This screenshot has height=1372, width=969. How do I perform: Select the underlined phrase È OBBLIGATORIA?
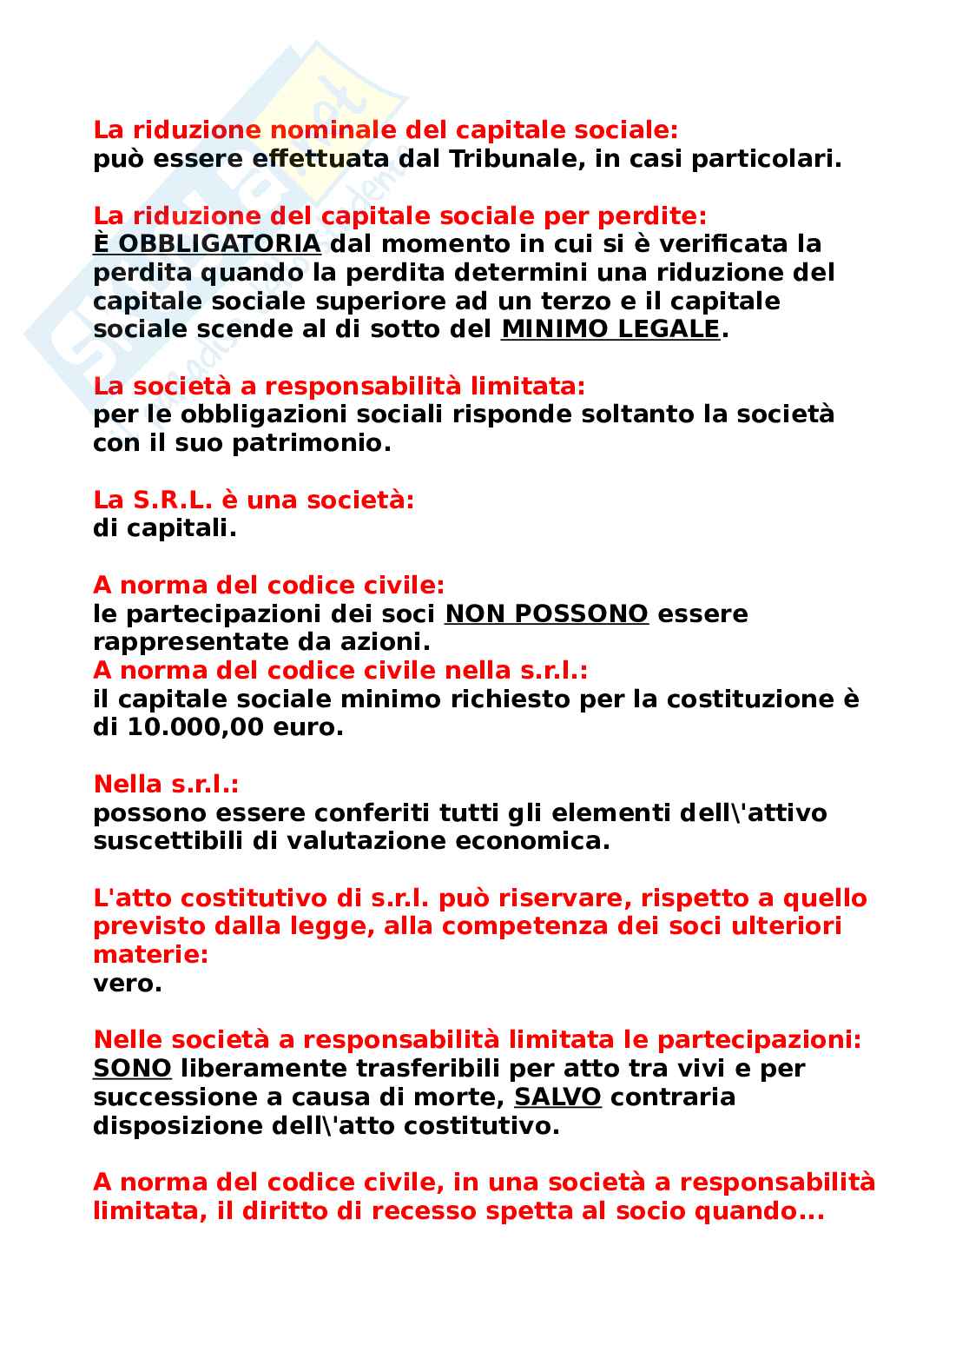tap(207, 244)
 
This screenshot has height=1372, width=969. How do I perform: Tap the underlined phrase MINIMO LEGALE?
tap(610, 329)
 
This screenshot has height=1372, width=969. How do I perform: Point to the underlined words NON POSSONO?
tap(546, 613)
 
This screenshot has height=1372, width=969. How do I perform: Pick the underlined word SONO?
tap(132, 1068)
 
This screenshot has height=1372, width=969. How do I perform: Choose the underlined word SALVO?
tap(557, 1097)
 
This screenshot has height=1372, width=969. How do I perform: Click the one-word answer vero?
tap(127, 984)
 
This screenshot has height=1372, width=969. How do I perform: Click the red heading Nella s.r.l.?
tap(166, 784)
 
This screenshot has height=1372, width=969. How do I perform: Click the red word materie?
tap(150, 955)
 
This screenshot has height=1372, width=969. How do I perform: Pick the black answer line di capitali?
tap(164, 528)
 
